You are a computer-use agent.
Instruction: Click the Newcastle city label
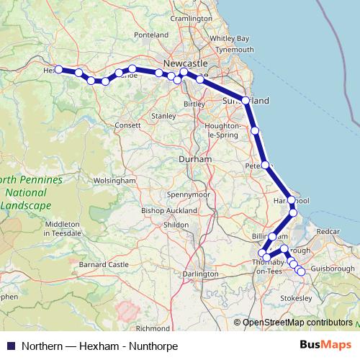pyautogui.click(x=185, y=62)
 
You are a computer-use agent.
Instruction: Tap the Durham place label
pyautogui.click(x=195, y=158)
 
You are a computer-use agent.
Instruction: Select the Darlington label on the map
pyautogui.click(x=200, y=274)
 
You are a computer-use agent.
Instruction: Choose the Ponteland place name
pyautogui.click(x=150, y=55)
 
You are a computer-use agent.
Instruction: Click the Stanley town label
pyautogui.click(x=163, y=115)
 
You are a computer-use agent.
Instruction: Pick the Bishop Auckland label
pyautogui.click(x=168, y=210)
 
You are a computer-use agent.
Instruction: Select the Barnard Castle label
pyautogui.click(x=102, y=265)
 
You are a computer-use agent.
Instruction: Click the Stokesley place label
pyautogui.click(x=295, y=297)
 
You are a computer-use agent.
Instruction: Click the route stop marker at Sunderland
pyautogui.click(x=246, y=101)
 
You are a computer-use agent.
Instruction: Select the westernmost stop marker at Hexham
pyautogui.click(x=59, y=70)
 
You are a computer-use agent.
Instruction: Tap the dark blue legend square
pyautogui.click(x=10, y=346)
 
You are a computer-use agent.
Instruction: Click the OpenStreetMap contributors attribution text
pyautogui.click(x=297, y=323)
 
